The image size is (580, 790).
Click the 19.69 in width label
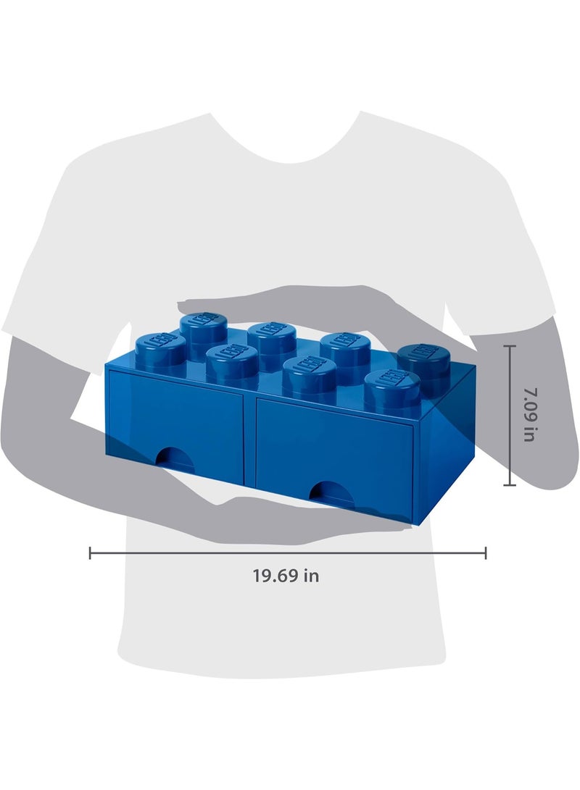286,576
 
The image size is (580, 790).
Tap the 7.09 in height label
531,415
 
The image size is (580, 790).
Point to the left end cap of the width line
90,553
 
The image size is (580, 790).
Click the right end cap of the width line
486,553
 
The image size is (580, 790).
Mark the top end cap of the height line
510,346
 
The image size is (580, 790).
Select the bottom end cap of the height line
510,484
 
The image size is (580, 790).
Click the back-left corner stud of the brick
202,327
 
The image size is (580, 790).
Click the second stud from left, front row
232,361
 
